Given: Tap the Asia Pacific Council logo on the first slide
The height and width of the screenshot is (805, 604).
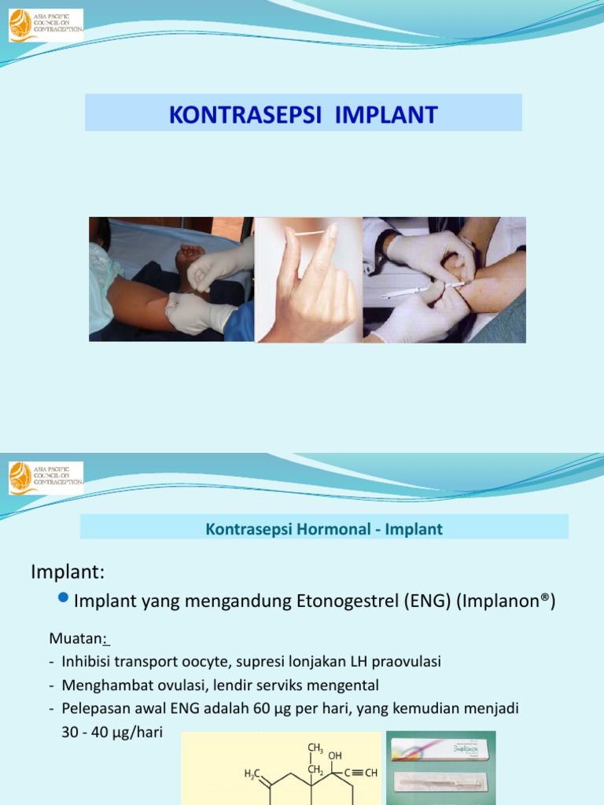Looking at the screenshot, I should pyautogui.click(x=45, y=25).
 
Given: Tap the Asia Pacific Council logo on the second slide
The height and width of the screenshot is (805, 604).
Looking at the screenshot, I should pyautogui.click(x=45, y=478).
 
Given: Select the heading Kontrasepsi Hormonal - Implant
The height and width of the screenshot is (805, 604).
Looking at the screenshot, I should pyautogui.click(x=324, y=530).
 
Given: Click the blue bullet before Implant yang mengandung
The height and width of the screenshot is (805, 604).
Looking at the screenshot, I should pyautogui.click(x=64, y=600).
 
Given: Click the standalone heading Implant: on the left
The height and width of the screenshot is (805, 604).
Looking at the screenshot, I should pyautogui.click(x=67, y=572).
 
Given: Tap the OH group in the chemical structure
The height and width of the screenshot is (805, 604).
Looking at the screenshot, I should pyautogui.click(x=335, y=756).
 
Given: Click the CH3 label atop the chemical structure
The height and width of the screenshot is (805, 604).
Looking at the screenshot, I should pyautogui.click(x=315, y=748).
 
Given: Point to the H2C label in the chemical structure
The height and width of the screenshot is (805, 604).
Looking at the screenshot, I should pyautogui.click(x=253, y=774).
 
